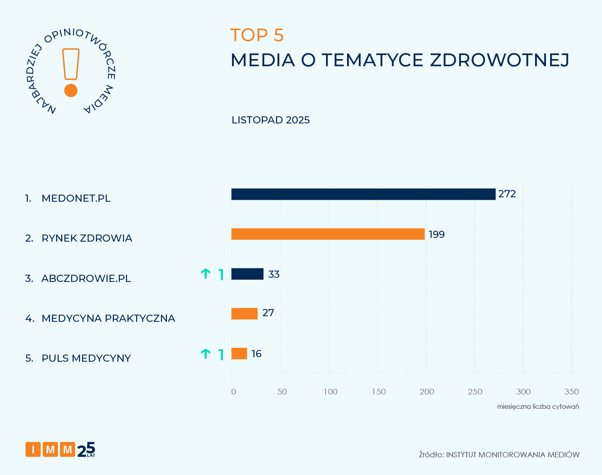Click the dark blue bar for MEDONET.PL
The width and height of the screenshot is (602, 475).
(363, 194)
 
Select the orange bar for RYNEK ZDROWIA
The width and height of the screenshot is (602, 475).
(328, 234)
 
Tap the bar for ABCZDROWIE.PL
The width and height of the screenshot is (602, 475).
(247, 274)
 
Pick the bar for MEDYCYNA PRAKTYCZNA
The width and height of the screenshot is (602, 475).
(244, 314)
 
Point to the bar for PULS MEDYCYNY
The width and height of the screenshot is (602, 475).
(239, 353)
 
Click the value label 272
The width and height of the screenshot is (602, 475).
(507, 194)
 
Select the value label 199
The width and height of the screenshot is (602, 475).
(437, 234)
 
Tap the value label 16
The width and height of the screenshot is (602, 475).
(256, 354)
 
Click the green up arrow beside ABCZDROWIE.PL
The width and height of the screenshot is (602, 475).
(205, 274)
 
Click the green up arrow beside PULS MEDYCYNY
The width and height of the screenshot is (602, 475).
(205, 354)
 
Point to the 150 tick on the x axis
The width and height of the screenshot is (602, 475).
(379, 392)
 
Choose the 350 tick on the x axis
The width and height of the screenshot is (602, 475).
(571, 392)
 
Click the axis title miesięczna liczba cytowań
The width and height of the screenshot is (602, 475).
(538, 406)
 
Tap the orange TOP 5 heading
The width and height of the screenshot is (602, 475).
(257, 35)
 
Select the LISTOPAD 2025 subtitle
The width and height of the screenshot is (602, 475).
(270, 120)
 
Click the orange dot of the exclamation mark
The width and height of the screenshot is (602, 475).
(71, 90)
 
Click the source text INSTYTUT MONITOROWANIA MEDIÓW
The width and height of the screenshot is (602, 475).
(513, 455)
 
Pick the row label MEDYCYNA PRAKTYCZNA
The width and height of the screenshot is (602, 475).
(108, 318)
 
